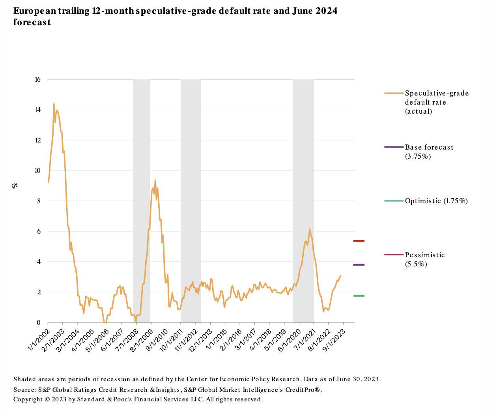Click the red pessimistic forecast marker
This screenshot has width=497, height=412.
(359, 241)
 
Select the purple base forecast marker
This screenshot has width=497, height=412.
(359, 265)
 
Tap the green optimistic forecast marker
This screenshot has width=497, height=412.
(359, 296)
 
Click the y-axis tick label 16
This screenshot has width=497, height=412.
(37, 80)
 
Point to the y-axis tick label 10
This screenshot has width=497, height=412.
(37, 171)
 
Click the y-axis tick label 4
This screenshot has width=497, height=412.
(39, 262)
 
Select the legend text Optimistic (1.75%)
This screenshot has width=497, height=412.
(436, 201)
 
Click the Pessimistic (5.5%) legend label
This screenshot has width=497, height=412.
(424, 260)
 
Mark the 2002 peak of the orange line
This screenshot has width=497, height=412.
(54, 104)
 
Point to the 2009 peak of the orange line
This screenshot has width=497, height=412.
(155, 180)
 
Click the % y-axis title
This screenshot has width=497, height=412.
(15, 185)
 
